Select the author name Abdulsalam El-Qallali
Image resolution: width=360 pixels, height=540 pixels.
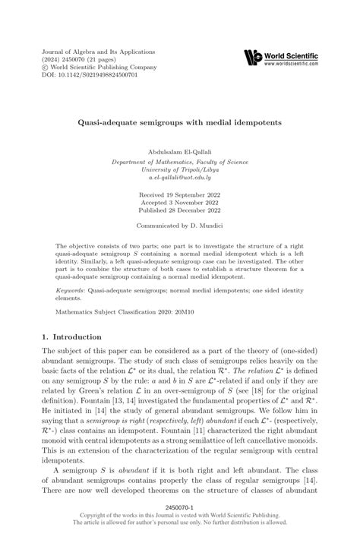(179, 153)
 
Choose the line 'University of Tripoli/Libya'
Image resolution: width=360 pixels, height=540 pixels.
(179, 169)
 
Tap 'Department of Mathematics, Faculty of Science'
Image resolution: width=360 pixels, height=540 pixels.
(179, 161)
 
